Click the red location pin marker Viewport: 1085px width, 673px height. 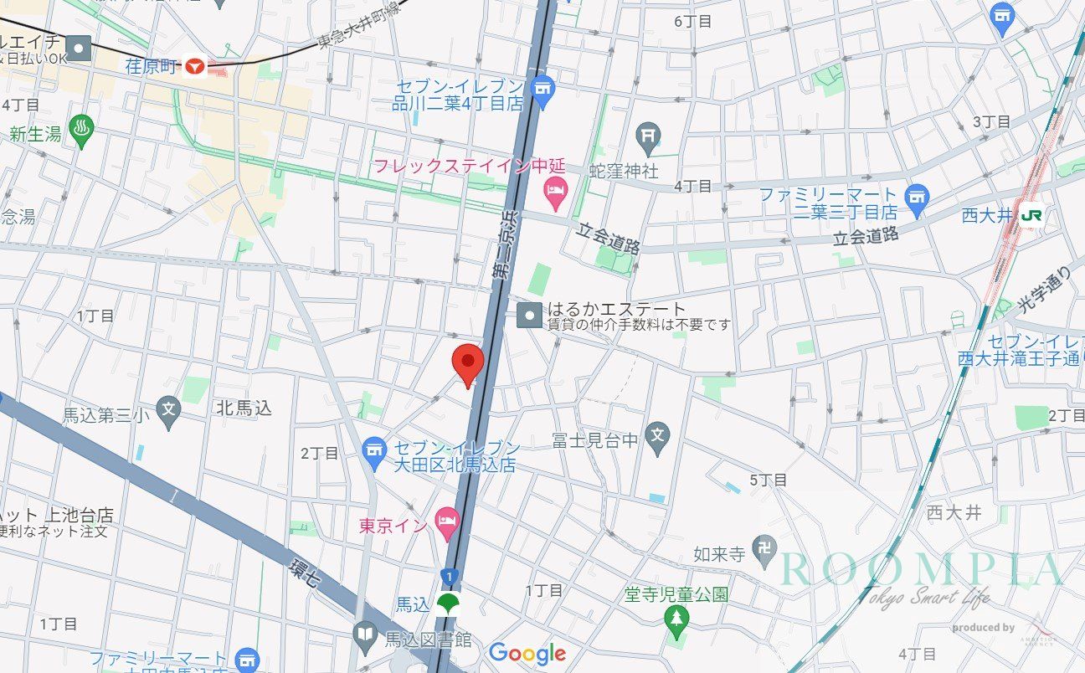467,363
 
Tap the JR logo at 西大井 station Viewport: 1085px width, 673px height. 1031,214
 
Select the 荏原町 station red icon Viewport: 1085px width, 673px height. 196,67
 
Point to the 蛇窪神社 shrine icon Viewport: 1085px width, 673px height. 648,133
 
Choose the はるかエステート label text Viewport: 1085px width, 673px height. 616,309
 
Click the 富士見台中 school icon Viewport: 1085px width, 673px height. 658,436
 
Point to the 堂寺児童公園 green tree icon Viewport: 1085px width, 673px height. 676,619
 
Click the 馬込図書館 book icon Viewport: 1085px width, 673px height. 365,639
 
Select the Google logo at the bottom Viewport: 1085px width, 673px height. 527,653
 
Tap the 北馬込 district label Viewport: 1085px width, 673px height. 244,408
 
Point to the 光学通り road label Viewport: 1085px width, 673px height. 1046,290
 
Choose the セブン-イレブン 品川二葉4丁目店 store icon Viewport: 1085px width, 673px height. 542,89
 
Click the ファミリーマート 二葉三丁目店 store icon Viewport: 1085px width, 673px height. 918,198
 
